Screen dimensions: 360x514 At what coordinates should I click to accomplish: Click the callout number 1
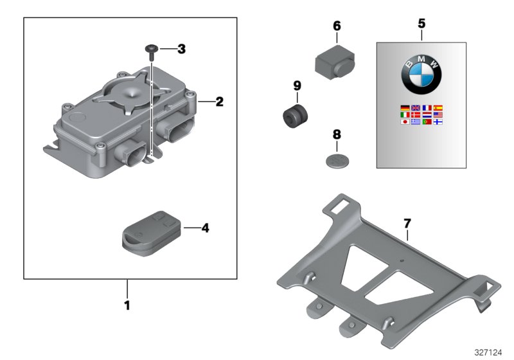click(127, 305)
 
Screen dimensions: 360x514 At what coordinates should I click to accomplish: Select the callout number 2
click(219, 101)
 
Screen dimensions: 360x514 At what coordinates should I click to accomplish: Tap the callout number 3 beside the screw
click(181, 49)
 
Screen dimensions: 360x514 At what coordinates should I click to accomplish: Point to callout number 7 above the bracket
click(407, 224)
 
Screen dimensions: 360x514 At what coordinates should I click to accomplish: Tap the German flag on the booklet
click(404, 108)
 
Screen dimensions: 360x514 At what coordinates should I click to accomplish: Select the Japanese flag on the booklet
click(404, 121)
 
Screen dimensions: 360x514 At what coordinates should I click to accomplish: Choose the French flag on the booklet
click(427, 108)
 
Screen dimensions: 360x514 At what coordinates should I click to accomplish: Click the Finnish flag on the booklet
click(438, 121)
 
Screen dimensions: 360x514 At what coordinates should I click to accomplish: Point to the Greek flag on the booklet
click(416, 121)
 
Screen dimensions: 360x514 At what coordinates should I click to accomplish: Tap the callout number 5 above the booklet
click(421, 24)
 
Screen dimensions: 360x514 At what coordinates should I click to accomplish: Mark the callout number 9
click(297, 85)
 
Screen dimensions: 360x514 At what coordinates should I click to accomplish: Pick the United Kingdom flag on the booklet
click(416, 108)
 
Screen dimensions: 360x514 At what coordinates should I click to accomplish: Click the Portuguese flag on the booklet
click(427, 121)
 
